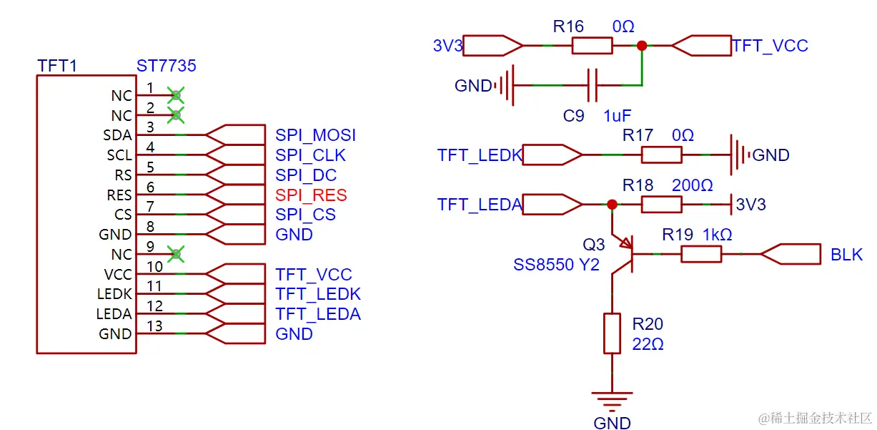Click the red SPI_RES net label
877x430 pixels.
pyautogui.click(x=311, y=195)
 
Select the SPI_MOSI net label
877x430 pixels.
pyautogui.click(x=315, y=135)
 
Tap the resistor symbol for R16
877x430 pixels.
pyautogui.click(x=592, y=46)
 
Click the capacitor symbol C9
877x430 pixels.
pyautogui.click(x=592, y=86)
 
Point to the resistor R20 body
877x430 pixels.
pyautogui.click(x=612, y=333)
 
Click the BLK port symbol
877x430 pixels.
pyautogui.click(x=791, y=254)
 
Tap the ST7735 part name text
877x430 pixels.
pyautogui.click(x=166, y=67)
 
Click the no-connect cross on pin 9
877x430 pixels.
pyautogui.click(x=176, y=253)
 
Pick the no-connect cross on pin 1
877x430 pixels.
pyautogui.click(x=176, y=94)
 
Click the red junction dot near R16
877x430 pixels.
pyautogui.click(x=642, y=46)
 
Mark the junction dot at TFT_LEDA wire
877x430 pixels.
pyautogui.click(x=612, y=205)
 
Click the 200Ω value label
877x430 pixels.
pyautogui.click(x=692, y=186)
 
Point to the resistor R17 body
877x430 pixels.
pyautogui.click(x=661, y=155)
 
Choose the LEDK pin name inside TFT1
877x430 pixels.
pyautogui.click(x=114, y=294)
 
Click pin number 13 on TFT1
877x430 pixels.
pyautogui.click(x=154, y=326)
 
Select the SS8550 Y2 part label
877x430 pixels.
pyautogui.click(x=556, y=265)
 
